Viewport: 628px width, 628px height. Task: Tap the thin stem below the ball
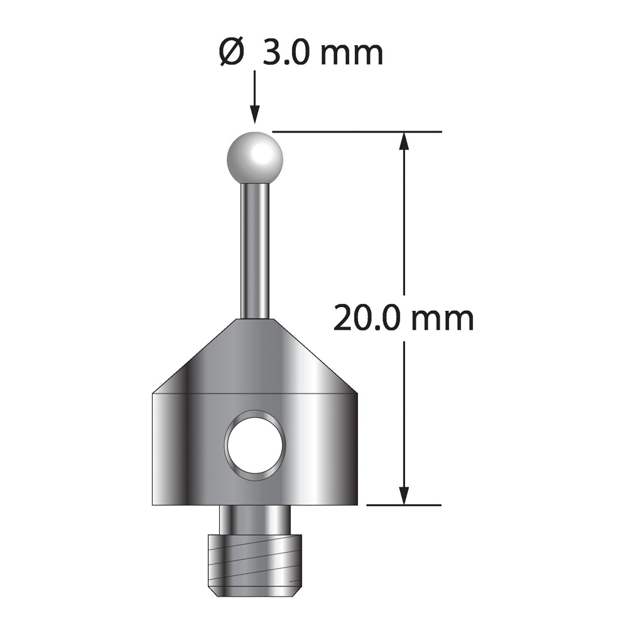click(255, 251)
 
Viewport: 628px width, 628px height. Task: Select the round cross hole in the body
click(255, 445)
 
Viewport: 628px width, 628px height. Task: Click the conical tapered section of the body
click(255, 357)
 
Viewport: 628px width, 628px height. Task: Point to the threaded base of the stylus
click(255, 565)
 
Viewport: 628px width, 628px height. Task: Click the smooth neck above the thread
click(255, 519)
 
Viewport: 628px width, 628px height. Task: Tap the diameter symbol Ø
click(232, 53)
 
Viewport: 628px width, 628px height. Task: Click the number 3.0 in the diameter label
click(286, 53)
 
